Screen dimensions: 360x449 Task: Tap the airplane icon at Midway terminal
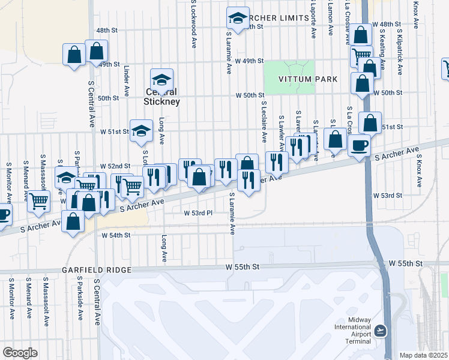381,331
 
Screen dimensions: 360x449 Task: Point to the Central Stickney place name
161,97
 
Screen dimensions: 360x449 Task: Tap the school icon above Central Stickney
161,79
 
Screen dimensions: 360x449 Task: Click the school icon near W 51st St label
140,131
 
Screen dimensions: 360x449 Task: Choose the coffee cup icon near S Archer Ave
360,145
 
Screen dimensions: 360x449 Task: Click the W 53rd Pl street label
199,213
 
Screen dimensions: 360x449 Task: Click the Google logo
20,353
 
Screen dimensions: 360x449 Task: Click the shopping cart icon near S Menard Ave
38,201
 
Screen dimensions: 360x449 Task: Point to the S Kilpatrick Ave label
399,51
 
